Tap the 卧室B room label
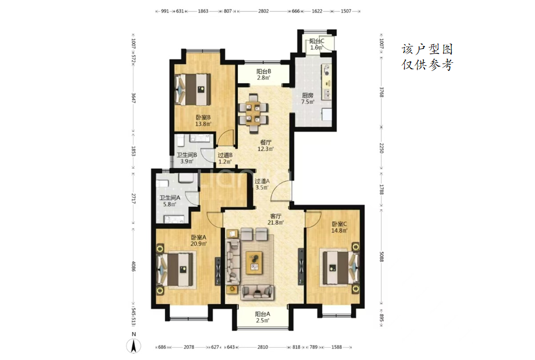coord(203,117)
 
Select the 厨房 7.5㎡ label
coord(308,99)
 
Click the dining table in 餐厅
coord(254,112)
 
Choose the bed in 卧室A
coord(176,269)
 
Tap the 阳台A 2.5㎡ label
coord(262,317)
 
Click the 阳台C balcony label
coord(316,41)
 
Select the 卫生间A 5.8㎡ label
coord(170,201)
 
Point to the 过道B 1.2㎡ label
coord(225,158)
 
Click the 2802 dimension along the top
coord(263,11)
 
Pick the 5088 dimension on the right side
coord(382,256)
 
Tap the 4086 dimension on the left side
coord(133,266)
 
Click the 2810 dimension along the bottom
coord(262,347)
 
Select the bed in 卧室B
coord(192,90)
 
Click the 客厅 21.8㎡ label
coord(275,219)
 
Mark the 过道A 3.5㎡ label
coord(262,184)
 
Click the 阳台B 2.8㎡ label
coord(263,74)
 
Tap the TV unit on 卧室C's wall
coord(301,266)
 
